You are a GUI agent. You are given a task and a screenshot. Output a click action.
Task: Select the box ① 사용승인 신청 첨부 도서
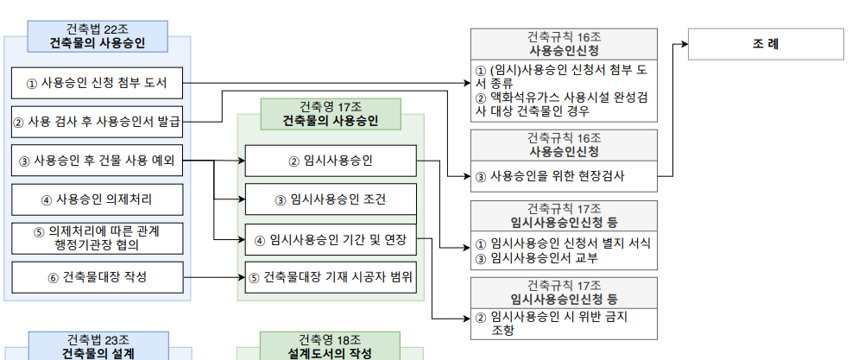click(97, 84)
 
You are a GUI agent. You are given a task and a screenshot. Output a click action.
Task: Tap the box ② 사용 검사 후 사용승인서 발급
click(97, 122)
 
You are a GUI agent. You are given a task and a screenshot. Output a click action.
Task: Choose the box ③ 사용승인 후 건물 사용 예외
click(97, 161)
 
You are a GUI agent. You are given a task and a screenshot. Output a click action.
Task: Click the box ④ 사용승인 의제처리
click(97, 200)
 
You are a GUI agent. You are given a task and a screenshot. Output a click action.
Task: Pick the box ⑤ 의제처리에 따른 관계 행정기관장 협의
click(97, 237)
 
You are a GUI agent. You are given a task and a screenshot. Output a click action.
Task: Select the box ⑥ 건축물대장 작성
click(97, 277)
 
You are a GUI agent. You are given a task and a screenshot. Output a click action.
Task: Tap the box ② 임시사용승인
click(331, 161)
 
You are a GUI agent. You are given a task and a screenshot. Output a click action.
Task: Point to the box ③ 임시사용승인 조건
click(331, 200)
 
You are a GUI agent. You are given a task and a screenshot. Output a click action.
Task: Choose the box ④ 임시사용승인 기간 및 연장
click(331, 239)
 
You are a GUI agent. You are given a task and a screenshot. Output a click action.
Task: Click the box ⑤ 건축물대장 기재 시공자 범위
click(331, 277)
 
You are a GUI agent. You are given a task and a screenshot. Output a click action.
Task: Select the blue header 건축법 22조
click(97, 35)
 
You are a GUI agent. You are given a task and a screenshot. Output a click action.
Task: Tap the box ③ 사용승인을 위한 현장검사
click(563, 176)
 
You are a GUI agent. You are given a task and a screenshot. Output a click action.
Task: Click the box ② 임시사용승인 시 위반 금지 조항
click(563, 323)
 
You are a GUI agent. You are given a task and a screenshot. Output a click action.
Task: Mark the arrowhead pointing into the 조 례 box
click(683, 44)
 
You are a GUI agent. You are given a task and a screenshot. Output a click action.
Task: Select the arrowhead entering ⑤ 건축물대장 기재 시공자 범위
click(241, 277)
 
